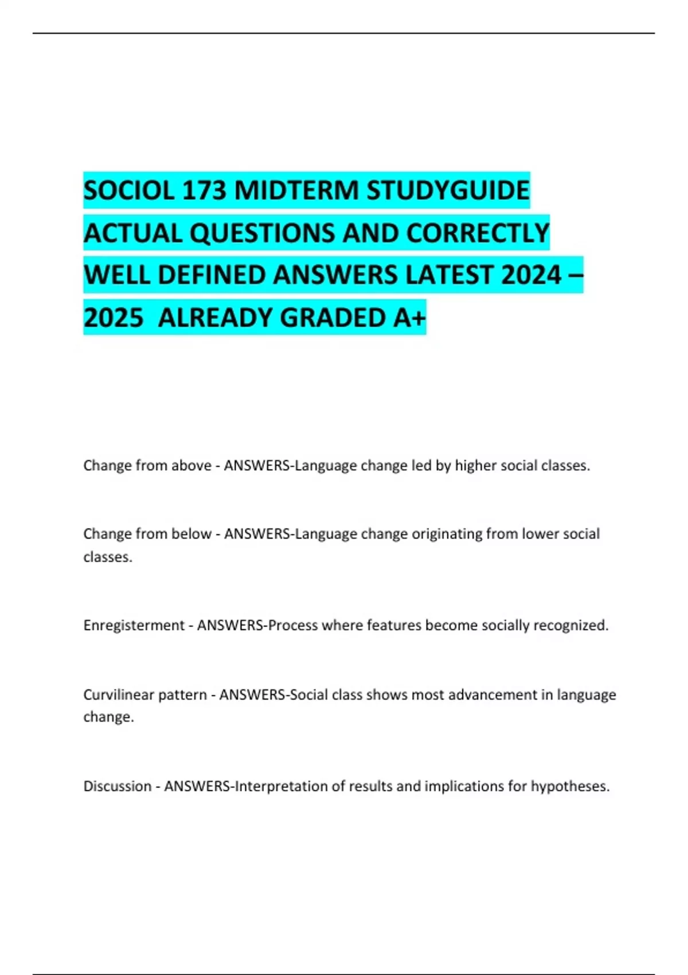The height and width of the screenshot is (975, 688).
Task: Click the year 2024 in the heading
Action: tap(530, 275)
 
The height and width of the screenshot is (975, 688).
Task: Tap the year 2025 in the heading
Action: tap(113, 318)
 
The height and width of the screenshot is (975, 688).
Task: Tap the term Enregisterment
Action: tap(134, 626)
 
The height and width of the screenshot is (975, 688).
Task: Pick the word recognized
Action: tap(570, 626)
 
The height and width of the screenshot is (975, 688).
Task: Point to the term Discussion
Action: tap(117, 786)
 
